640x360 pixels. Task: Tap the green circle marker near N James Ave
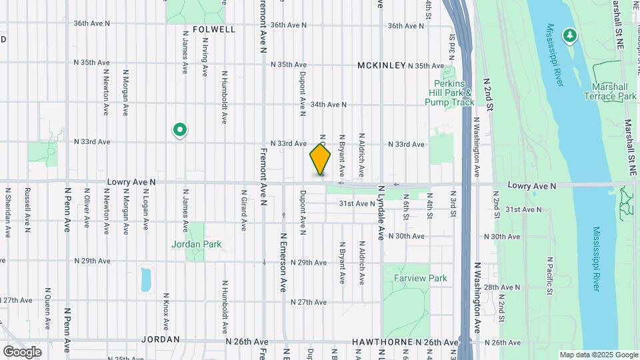point(179,129)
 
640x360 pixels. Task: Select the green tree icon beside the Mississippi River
point(570,34)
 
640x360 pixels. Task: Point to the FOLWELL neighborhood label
point(213,30)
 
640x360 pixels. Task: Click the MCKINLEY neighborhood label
point(382,65)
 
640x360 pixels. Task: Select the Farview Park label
point(420,278)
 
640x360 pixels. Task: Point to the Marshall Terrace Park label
point(614,91)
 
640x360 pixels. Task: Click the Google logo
point(22,351)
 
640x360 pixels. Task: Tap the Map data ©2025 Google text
point(598,355)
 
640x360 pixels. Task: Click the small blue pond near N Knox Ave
point(146,279)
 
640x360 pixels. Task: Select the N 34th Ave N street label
point(328,105)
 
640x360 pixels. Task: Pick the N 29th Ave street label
point(91,261)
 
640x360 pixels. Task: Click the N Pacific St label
point(550,275)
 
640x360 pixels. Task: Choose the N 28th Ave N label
point(501,287)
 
